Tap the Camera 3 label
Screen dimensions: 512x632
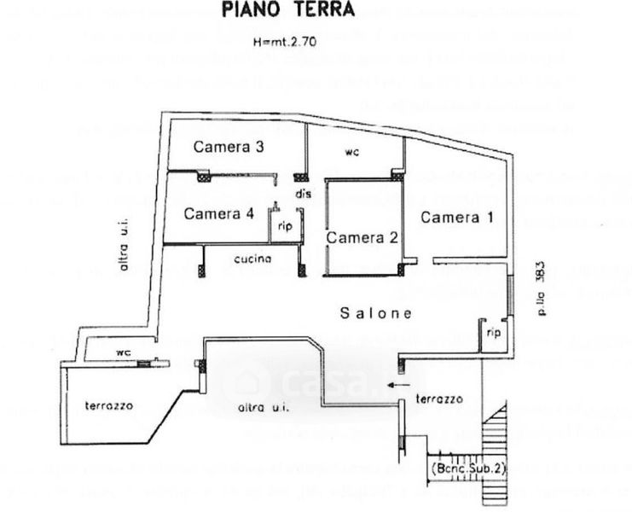click(x=228, y=147)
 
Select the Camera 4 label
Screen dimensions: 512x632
click(x=218, y=213)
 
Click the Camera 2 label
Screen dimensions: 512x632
click(x=362, y=237)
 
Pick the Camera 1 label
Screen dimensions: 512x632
click(x=457, y=217)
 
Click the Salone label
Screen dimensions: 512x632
click(x=376, y=313)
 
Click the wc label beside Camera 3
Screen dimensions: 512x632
click(x=351, y=153)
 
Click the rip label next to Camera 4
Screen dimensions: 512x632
click(x=287, y=227)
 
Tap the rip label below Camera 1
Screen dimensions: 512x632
click(x=492, y=332)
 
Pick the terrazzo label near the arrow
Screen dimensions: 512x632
click(x=438, y=399)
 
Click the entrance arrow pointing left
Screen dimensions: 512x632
click(x=395, y=385)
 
